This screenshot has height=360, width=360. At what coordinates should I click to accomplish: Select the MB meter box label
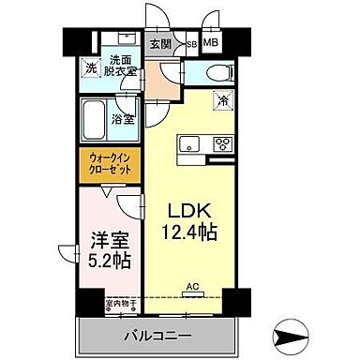[x=211, y=42]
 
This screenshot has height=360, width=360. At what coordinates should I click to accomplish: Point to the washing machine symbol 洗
[x=91, y=67]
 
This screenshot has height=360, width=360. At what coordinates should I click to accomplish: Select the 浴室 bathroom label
[x=123, y=119]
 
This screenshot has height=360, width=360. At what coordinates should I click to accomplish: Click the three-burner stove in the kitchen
[x=223, y=143]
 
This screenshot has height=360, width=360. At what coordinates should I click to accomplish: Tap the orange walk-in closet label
[x=112, y=165]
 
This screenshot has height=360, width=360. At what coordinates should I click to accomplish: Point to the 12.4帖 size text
[x=192, y=232]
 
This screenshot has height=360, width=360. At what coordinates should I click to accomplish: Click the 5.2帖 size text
[x=104, y=260]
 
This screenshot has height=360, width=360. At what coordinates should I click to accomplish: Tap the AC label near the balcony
[x=191, y=288]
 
